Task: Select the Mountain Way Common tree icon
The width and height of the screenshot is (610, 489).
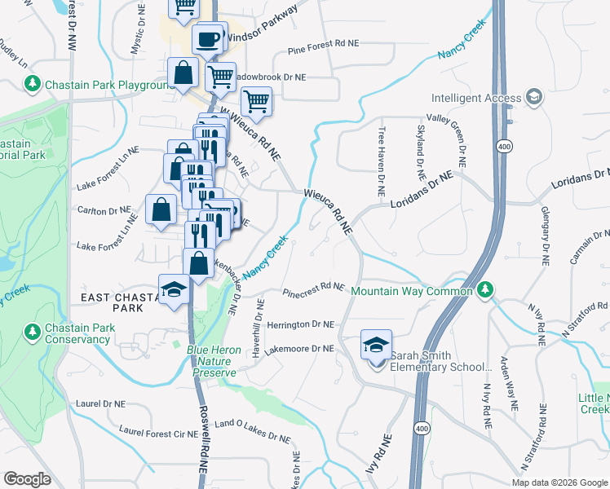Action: tap(485, 290)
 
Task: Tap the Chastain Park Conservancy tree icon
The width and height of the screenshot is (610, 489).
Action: tap(33, 333)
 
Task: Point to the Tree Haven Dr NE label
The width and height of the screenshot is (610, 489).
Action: tap(381, 162)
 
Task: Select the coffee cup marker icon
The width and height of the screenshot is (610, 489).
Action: tap(208, 38)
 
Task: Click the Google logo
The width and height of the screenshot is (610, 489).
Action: tap(27, 479)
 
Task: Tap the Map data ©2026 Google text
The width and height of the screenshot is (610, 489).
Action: tap(559, 482)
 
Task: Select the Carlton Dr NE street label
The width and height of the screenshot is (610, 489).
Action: tap(103, 211)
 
